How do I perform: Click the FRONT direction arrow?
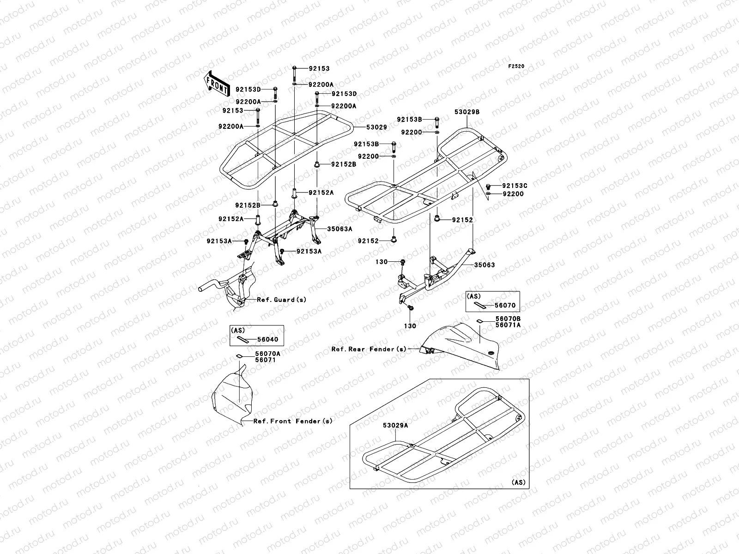point(217,83)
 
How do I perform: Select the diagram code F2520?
point(516,66)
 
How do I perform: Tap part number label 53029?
point(376,127)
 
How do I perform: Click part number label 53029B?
point(466,112)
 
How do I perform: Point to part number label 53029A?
point(395,426)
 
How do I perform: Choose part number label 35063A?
point(340,229)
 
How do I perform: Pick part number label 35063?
point(484,265)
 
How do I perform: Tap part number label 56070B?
point(508,319)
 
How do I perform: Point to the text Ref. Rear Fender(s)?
point(369,349)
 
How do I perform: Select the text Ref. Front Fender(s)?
point(293,421)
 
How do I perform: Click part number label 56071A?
point(508,325)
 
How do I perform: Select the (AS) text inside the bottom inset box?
point(519,482)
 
